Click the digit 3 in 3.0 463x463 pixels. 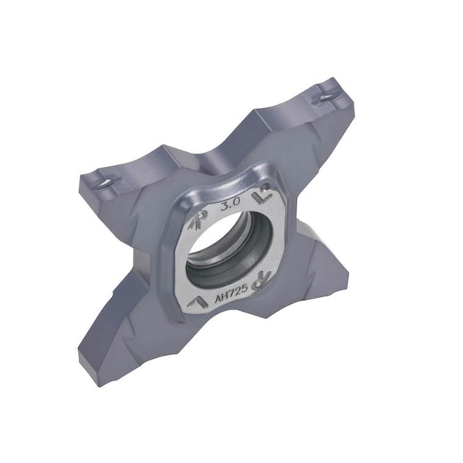(223, 208)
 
